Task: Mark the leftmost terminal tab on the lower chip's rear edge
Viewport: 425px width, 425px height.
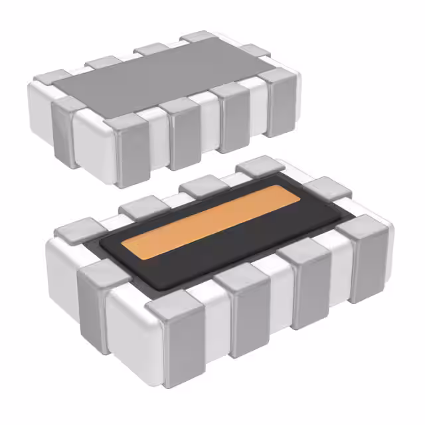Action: (x=139, y=207)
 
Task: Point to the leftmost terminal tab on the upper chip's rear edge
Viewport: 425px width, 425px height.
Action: (x=104, y=62)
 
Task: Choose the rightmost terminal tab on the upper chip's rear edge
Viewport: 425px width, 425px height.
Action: (x=199, y=36)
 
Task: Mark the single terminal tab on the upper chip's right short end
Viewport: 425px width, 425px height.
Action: (x=255, y=50)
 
